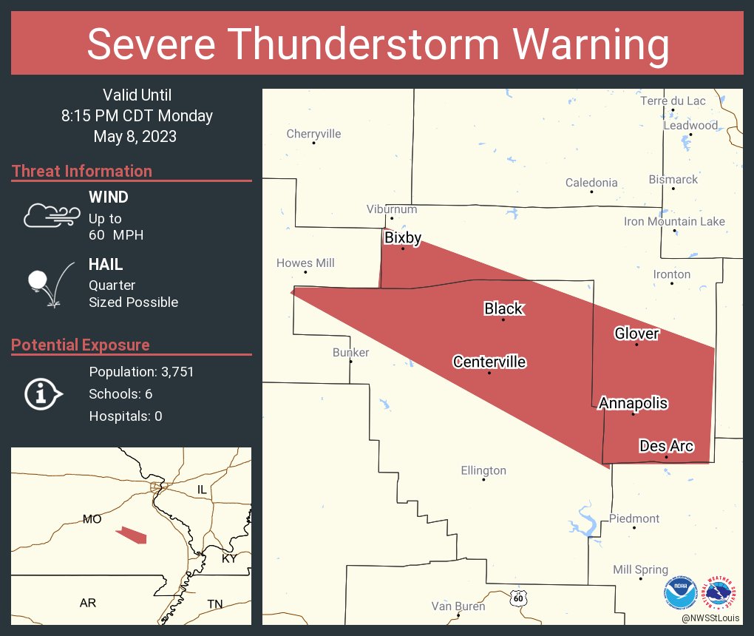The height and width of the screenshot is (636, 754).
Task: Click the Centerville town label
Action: [x=489, y=362]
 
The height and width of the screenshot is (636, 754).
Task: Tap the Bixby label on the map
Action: [x=403, y=237]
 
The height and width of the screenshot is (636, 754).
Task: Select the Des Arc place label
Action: [x=666, y=445]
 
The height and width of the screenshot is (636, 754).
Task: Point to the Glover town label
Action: [x=636, y=334]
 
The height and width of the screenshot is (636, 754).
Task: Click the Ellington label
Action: [x=483, y=470]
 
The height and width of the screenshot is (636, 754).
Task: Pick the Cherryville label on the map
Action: [x=313, y=134]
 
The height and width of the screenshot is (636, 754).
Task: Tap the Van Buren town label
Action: [x=458, y=606]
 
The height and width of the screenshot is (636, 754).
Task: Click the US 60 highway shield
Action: [x=519, y=596]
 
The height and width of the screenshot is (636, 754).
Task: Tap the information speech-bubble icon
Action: [x=43, y=393]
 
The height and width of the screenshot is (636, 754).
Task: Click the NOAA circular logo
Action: [x=680, y=592]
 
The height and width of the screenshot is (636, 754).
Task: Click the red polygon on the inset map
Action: [x=132, y=535]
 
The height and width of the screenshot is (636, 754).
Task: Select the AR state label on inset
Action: [x=88, y=603]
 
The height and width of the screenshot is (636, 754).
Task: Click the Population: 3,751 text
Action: [x=141, y=372]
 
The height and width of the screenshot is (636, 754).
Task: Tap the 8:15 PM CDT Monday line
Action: [x=137, y=116]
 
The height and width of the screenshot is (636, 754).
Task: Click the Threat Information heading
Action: [x=82, y=171]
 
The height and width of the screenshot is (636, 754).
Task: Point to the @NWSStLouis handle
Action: [x=711, y=618]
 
